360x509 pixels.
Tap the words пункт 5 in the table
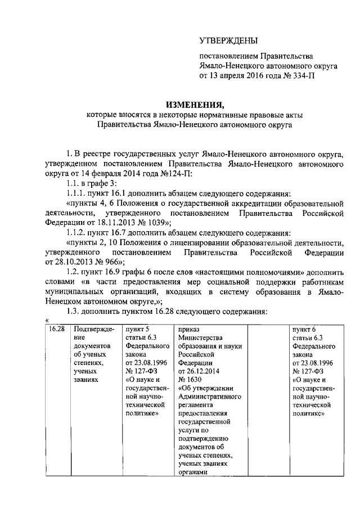(137, 328)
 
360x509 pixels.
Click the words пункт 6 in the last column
(304, 328)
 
